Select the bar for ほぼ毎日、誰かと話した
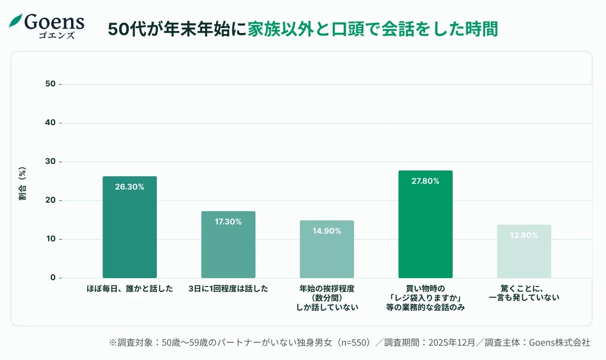pos(130,227)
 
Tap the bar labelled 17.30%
pos(228,245)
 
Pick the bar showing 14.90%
pos(327,249)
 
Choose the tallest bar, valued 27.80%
pos(425,224)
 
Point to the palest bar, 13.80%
pos(524,252)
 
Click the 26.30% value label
pos(130,187)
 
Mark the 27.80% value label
pos(425,181)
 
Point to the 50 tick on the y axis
pos(50,84)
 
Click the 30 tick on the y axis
pos(50,162)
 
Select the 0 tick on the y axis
pos(53,278)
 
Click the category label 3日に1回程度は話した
pos(228,289)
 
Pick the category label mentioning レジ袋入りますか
pos(426,298)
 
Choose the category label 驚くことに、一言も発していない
pos(524,293)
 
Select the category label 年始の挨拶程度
pos(327,289)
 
